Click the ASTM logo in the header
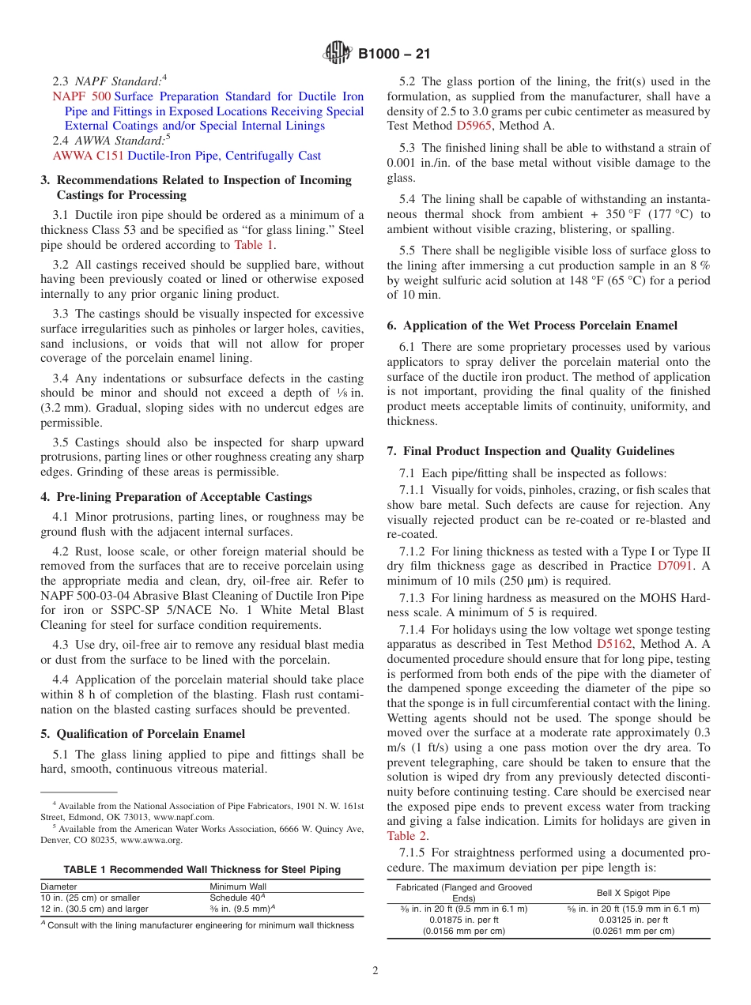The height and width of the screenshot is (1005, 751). (338, 55)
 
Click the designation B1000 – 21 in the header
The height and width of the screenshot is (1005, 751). (394, 55)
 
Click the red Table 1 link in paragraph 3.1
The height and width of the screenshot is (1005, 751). (254, 245)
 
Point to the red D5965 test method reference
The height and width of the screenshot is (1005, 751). (474, 126)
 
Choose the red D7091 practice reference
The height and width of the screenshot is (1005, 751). (677, 566)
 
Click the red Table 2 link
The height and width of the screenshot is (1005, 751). (406, 835)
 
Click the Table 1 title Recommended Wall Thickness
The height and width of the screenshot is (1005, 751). (202, 869)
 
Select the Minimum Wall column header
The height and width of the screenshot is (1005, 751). (238, 886)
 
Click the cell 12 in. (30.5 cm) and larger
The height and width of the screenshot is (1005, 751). (94, 909)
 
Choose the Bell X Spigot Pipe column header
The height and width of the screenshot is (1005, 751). (633, 893)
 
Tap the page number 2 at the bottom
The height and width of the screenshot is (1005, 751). (375, 971)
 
